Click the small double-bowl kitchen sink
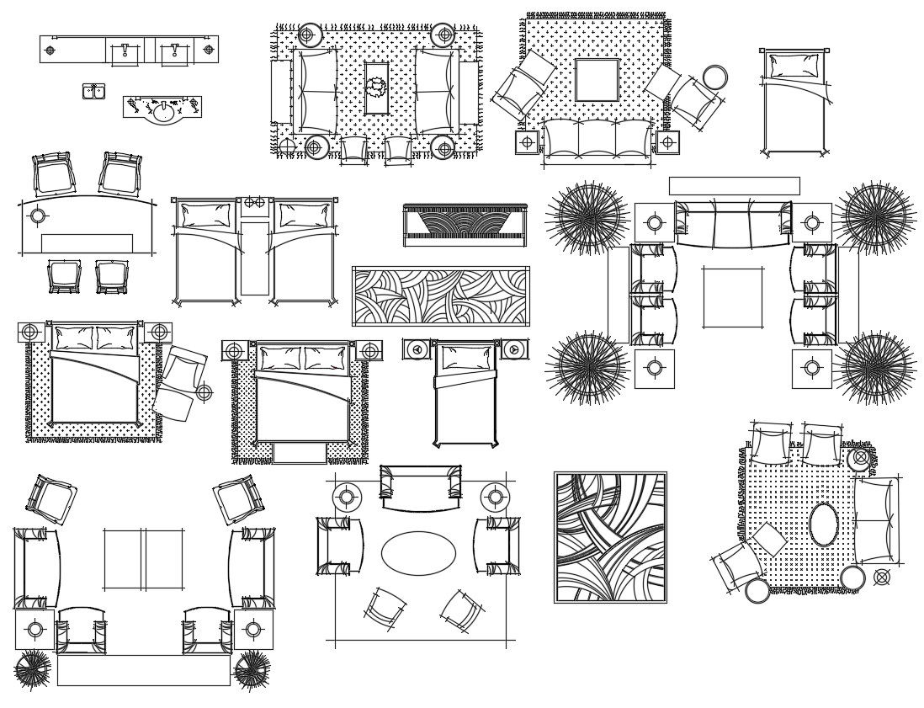[93, 91]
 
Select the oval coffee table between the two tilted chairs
[418, 553]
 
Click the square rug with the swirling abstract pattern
[610, 537]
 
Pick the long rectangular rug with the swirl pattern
[440, 296]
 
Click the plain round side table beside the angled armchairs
[714, 77]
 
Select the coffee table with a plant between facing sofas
[376, 88]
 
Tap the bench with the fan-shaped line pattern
[465, 224]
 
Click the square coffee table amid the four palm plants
[733, 297]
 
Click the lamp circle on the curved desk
[38, 216]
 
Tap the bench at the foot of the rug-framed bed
[299, 453]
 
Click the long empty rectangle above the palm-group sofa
[734, 185]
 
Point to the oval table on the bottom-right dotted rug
[823, 524]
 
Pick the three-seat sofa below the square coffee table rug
[597, 141]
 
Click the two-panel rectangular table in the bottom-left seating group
[143, 559]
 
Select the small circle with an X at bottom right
[881, 577]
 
